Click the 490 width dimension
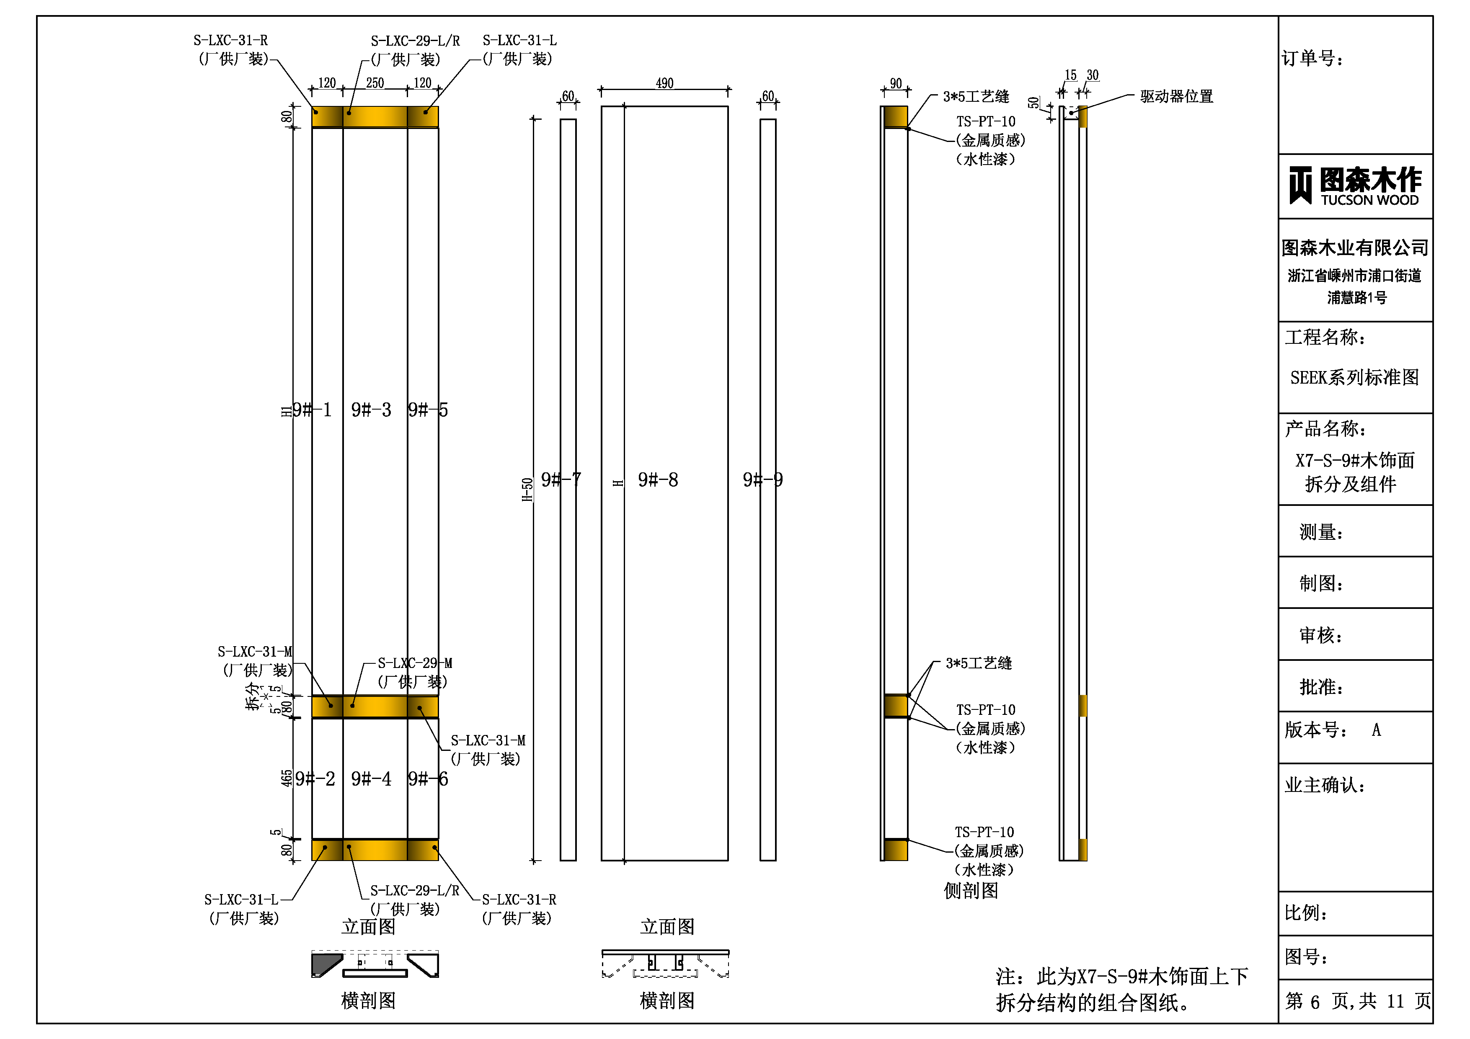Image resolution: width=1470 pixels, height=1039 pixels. click(664, 83)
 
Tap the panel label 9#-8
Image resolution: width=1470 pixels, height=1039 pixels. click(658, 480)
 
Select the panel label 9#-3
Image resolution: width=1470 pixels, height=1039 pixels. click(371, 410)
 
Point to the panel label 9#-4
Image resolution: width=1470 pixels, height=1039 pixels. click(371, 779)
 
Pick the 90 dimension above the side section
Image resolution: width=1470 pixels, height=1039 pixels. click(895, 83)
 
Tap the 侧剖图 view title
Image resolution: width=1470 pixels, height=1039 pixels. click(971, 890)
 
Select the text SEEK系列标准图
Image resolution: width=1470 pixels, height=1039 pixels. click(1354, 377)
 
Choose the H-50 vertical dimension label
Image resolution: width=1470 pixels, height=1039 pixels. click(527, 490)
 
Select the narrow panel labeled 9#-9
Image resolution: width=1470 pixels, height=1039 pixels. click(767, 490)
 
